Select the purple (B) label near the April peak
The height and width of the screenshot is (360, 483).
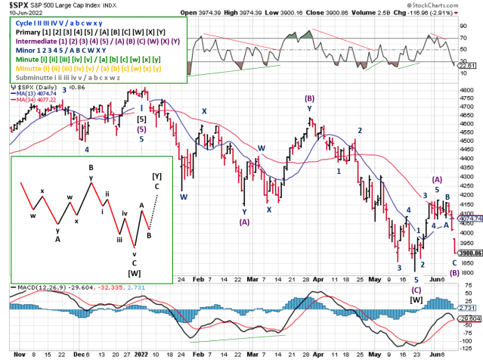pos(309,99)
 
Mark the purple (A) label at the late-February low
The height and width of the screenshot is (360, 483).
pos(244,222)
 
